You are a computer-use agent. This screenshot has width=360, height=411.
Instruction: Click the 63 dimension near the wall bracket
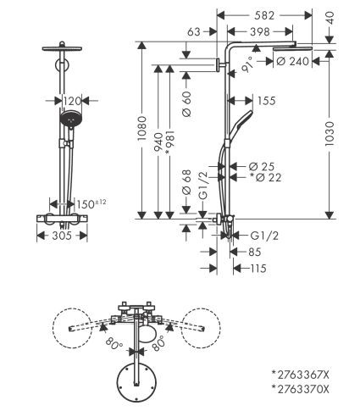tap(193, 31)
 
